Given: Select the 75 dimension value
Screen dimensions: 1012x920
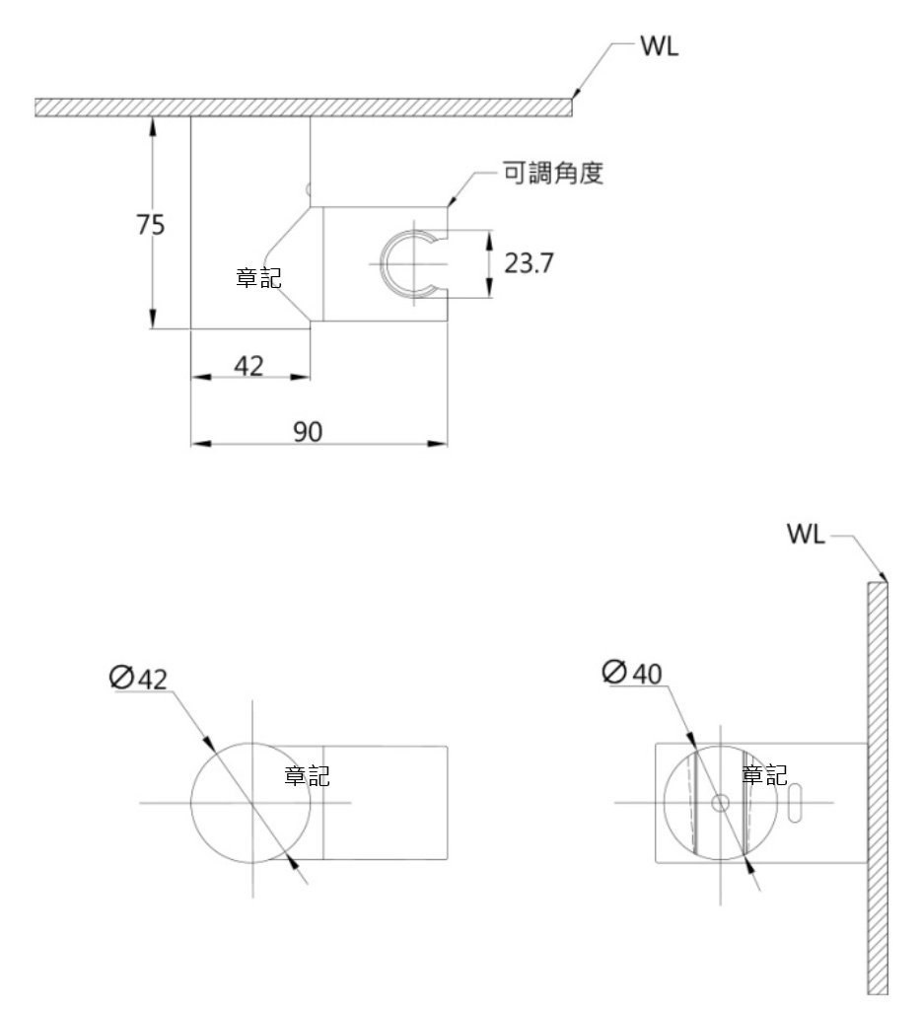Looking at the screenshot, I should click(151, 225).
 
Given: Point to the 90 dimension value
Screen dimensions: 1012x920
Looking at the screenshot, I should click(308, 430).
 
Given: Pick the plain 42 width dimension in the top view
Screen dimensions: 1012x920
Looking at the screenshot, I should click(248, 365).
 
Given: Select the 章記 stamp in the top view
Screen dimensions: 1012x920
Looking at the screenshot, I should click(258, 277).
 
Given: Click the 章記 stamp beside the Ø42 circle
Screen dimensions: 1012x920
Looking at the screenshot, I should click(307, 776).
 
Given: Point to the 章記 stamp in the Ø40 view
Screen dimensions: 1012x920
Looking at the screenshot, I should click(764, 775).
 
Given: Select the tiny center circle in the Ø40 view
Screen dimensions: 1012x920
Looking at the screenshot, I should click(721, 802).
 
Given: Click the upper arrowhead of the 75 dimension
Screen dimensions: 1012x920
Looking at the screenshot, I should click(153, 122).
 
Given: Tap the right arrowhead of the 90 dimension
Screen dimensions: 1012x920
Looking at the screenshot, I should click(443, 442).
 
